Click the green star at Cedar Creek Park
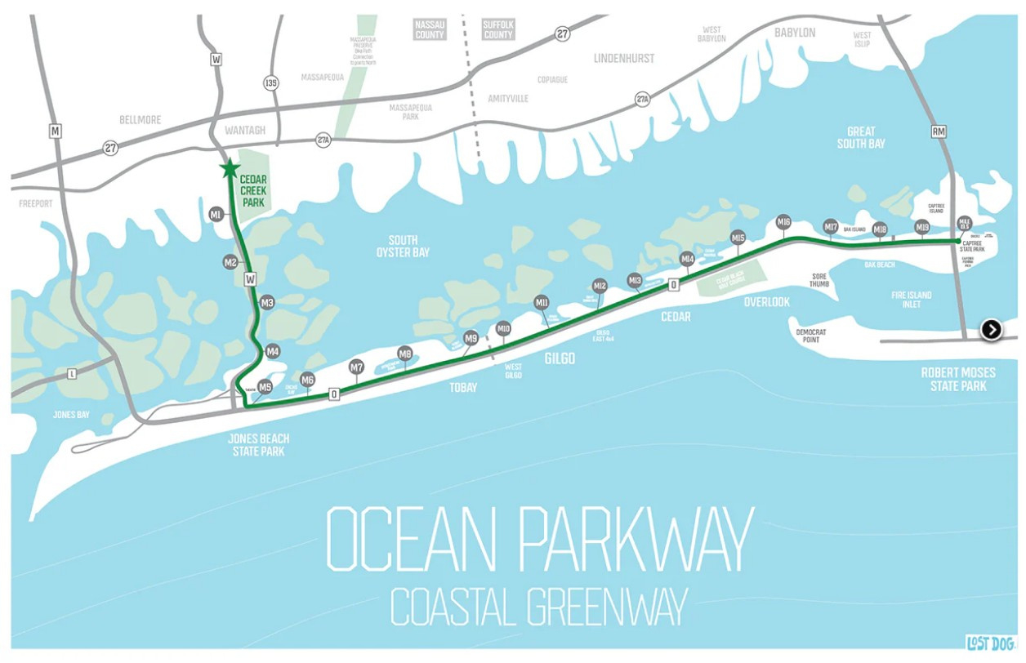(x=230, y=169)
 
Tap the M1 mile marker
(x=216, y=215)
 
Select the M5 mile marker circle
(x=265, y=387)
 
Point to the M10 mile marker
(x=503, y=329)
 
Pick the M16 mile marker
(x=783, y=222)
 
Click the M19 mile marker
(x=922, y=227)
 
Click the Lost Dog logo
(x=991, y=643)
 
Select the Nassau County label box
(x=429, y=30)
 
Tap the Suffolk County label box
(x=497, y=30)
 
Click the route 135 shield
(x=271, y=83)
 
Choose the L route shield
(x=73, y=374)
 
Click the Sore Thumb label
(x=819, y=280)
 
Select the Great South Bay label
(x=861, y=137)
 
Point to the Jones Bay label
(x=71, y=415)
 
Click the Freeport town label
(x=36, y=203)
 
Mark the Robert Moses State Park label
(x=958, y=379)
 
